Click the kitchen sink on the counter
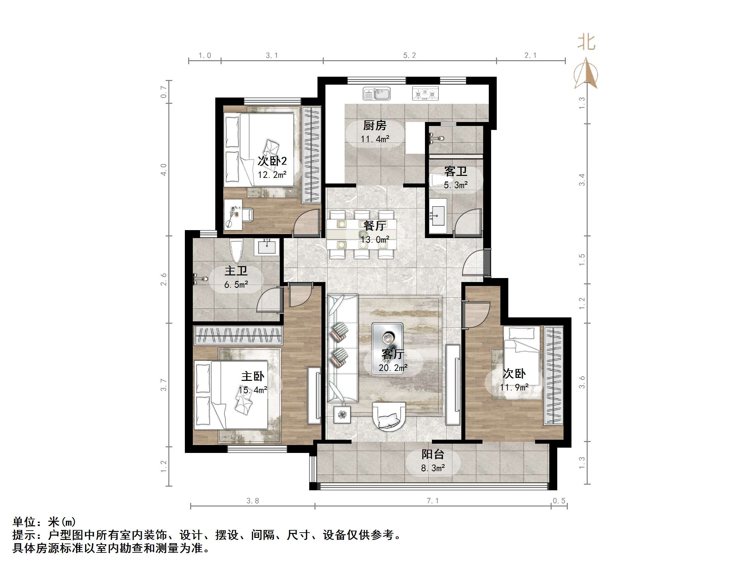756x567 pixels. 376,93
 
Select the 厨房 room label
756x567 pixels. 375,125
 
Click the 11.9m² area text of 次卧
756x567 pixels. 514,387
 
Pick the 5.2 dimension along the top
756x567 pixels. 409,55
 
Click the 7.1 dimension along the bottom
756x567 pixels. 433,501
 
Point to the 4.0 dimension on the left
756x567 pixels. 164,170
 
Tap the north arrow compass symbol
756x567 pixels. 586,73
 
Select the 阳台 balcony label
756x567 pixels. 433,454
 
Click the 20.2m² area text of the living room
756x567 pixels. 393,368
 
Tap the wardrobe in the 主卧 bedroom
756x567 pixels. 238,335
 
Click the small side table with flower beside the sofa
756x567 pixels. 342,415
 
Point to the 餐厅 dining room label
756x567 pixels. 375,225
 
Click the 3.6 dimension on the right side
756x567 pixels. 582,382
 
